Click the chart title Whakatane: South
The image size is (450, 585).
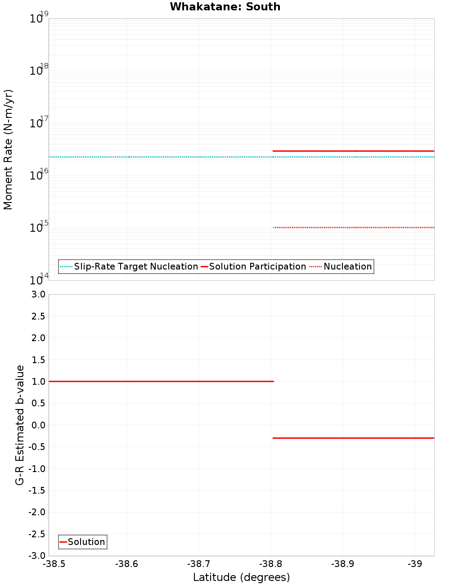pos(225,7)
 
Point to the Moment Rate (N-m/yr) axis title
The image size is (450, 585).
pos(8,149)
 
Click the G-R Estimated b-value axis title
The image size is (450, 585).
pos(20,425)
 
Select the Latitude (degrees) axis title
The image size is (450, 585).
pos(241,577)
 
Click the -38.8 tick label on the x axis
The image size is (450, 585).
pos(271,564)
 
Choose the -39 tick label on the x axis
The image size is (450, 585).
pos(415,564)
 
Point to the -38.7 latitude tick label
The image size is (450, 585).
pos(198,564)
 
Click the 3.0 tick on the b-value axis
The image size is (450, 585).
pos(38,294)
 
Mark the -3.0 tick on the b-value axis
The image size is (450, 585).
pos(37,556)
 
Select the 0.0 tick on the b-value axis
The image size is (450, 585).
pos(38,425)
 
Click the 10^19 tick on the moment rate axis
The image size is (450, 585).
pos(39,18)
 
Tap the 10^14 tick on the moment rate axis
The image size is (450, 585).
pos(39,280)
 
